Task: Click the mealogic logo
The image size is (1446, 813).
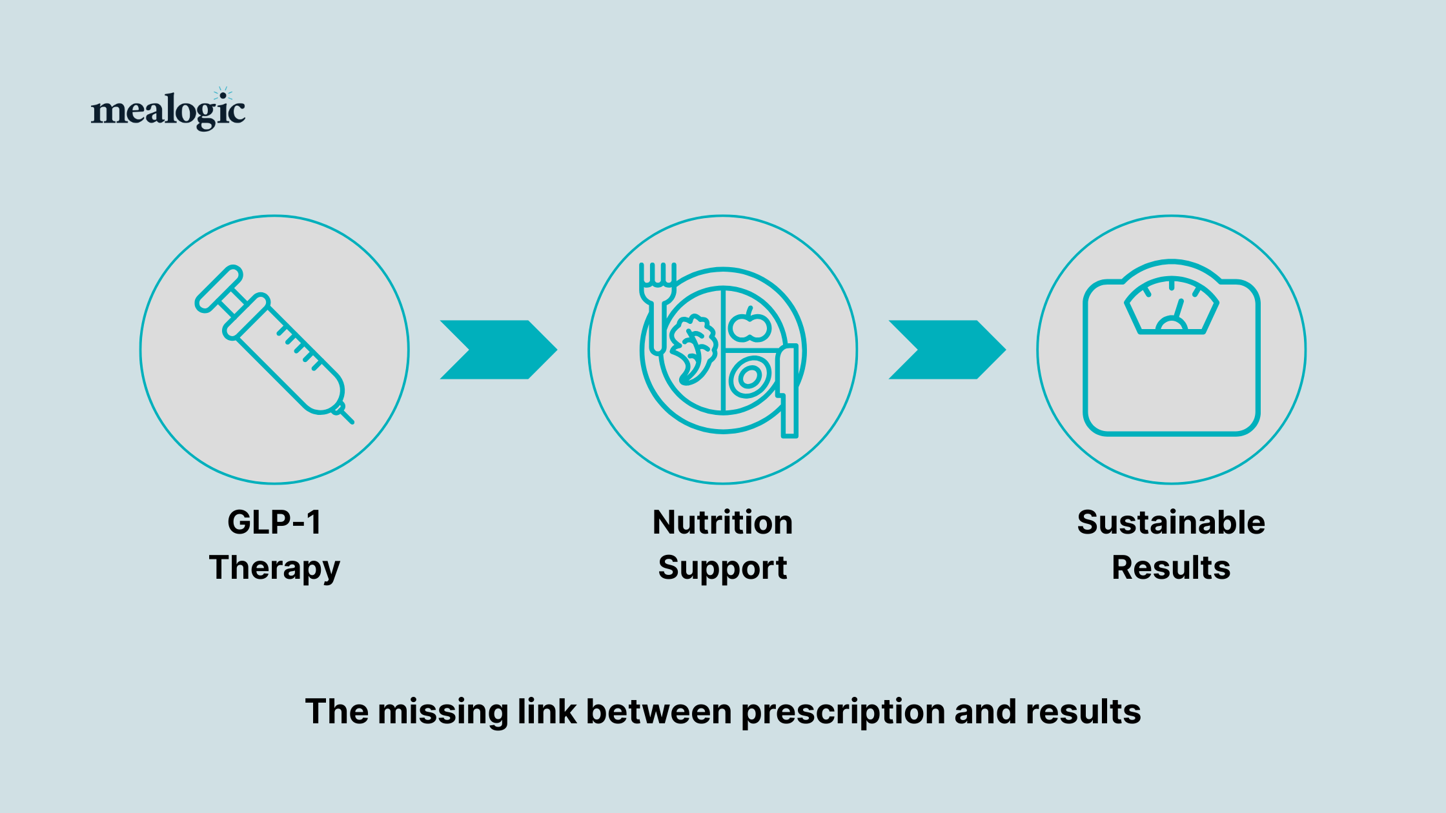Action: [x=168, y=110]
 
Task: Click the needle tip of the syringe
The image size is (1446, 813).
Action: [x=349, y=420]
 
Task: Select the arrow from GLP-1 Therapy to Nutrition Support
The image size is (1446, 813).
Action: [x=498, y=350]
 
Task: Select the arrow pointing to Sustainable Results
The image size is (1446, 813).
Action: [x=947, y=350]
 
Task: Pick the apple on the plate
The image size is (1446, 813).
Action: [x=749, y=326]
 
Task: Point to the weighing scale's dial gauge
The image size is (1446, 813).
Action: [x=1171, y=306]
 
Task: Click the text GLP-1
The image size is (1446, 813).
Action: [x=274, y=522]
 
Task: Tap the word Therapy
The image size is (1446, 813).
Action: [x=274, y=568]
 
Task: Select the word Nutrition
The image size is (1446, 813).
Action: [x=722, y=522]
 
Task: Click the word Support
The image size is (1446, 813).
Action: [x=722, y=568]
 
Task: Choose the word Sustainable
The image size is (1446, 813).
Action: [x=1171, y=522]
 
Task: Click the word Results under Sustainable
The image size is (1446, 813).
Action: [x=1171, y=568]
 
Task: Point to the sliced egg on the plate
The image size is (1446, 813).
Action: [x=749, y=378]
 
